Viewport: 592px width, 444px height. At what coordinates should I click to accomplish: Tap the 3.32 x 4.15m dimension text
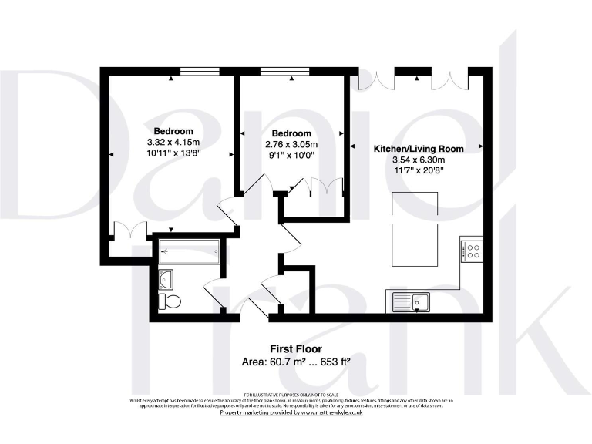173,143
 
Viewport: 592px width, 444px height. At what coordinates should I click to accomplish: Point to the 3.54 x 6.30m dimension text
419,160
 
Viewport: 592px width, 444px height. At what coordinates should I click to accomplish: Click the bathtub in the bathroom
189,251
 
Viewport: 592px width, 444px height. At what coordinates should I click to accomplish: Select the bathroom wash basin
165,277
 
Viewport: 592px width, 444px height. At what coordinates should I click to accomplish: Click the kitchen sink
411,302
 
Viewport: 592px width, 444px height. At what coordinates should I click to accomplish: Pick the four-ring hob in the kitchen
471,251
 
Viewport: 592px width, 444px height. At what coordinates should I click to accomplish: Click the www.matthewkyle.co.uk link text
335,412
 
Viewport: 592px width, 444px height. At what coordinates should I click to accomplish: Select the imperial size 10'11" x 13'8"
173,154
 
